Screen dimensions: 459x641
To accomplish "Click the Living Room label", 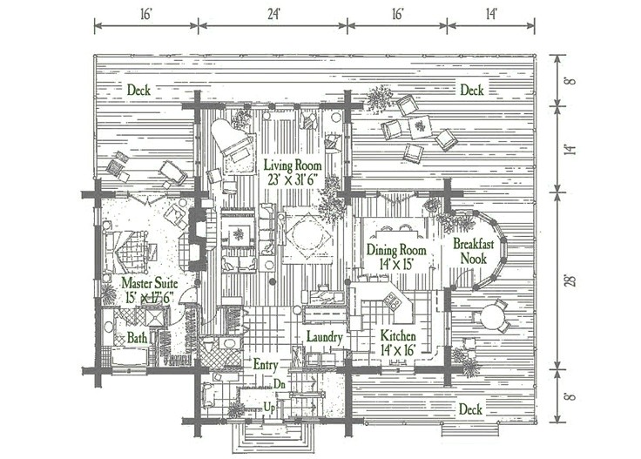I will [291, 165].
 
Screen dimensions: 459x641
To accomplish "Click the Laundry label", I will [325, 337].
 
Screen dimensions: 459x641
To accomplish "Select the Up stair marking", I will [271, 408].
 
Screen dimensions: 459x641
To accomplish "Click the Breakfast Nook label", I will [474, 253].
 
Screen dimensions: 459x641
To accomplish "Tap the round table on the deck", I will [495, 316].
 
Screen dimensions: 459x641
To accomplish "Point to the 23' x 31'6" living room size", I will [292, 180].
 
